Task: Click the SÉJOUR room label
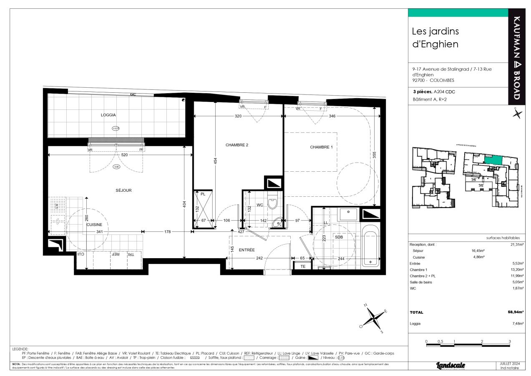[x=124, y=191]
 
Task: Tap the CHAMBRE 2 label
[x=237, y=145]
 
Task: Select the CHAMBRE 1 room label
[x=321, y=147]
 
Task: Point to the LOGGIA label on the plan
[x=108, y=115]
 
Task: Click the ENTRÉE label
[x=247, y=250]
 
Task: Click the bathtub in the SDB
[x=370, y=246]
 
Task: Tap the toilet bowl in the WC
[x=272, y=203]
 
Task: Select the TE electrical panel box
[x=303, y=266]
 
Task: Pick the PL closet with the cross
[x=204, y=209]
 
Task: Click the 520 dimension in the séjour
[x=124, y=155]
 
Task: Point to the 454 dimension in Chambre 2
[x=216, y=161]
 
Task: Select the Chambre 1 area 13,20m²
[x=517, y=269]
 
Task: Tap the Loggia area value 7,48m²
[x=518, y=323]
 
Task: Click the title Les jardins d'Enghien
[x=435, y=37]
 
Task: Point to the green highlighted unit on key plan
[x=493, y=160]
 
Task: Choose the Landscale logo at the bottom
[x=450, y=366]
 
